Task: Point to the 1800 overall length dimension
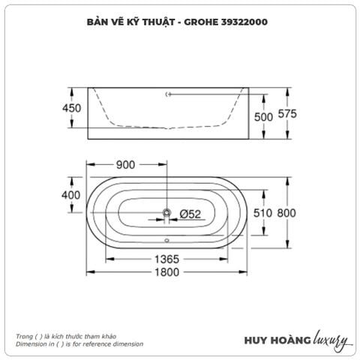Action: [169, 271]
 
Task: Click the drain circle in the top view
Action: [167, 214]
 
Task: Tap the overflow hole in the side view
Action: [169, 94]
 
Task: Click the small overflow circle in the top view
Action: [167, 241]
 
